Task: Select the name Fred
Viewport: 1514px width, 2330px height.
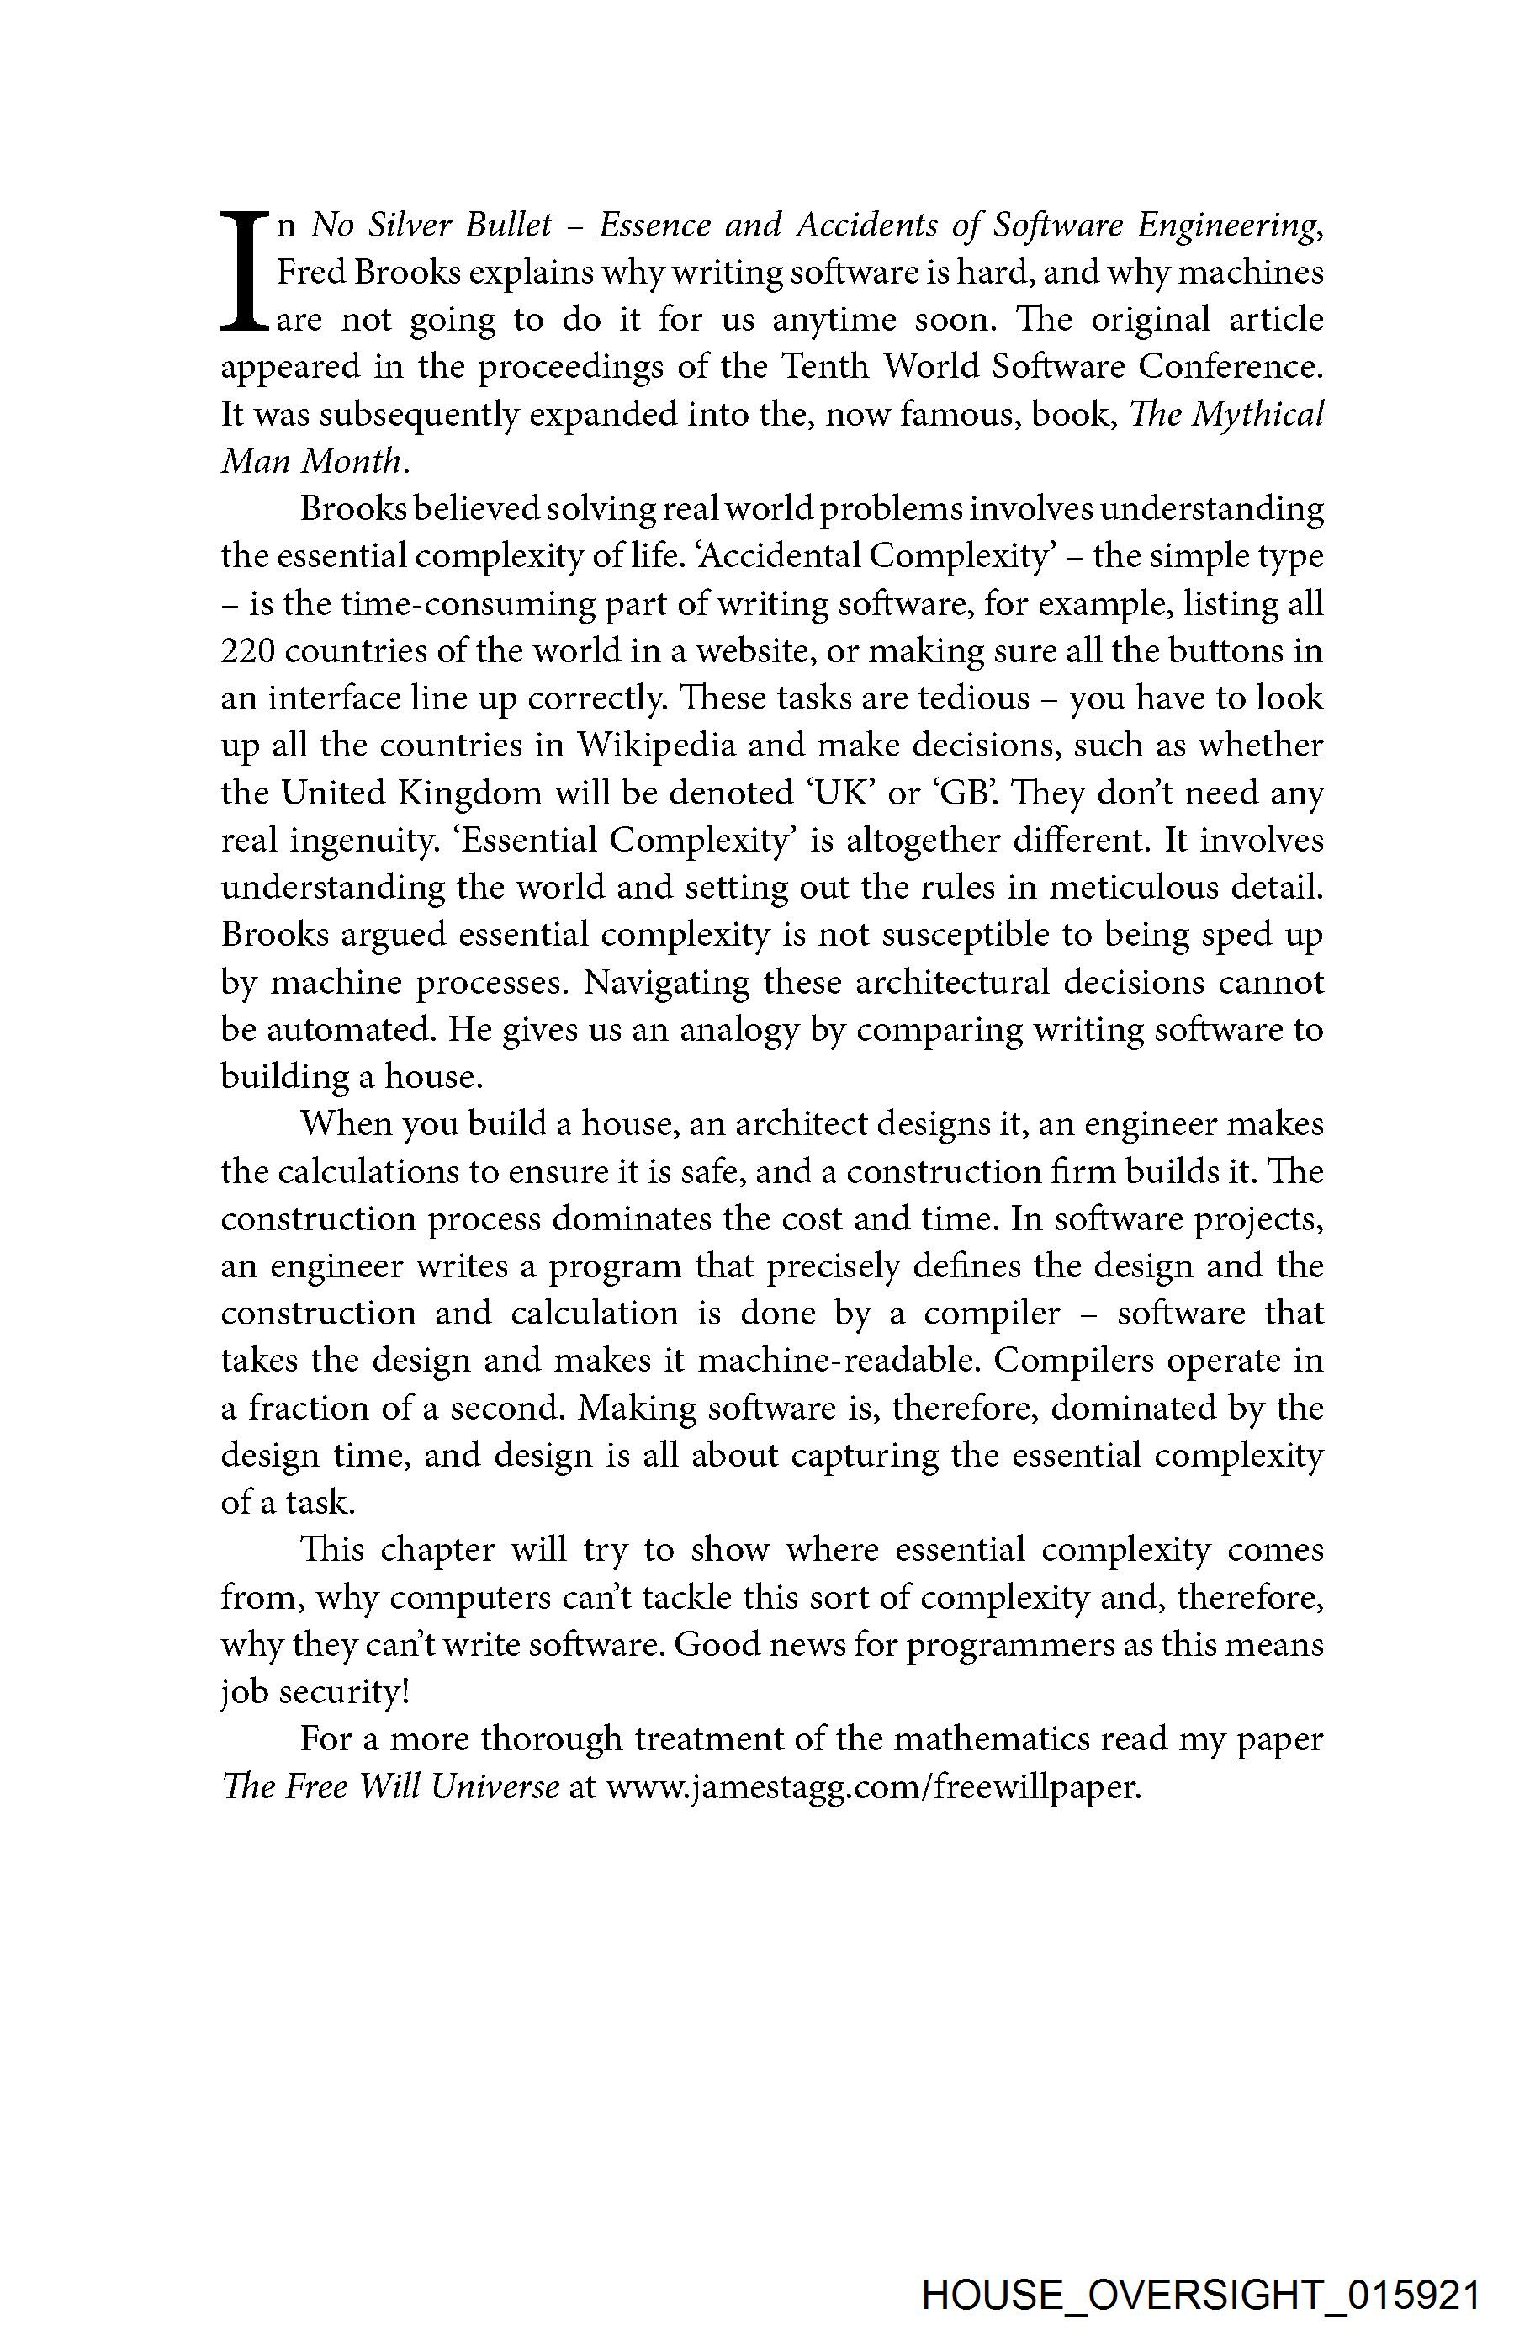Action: click(x=311, y=273)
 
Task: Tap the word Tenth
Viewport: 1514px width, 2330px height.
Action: click(x=827, y=367)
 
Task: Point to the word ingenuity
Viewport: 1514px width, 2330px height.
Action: click(x=358, y=840)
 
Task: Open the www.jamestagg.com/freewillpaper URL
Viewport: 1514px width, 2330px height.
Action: click(x=873, y=1787)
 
